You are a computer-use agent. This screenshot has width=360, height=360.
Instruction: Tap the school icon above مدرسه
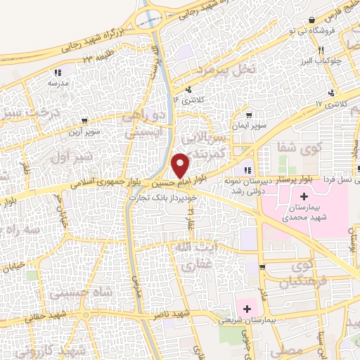(x=56, y=72)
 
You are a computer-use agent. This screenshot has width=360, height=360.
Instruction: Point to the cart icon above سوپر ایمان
(x=247, y=114)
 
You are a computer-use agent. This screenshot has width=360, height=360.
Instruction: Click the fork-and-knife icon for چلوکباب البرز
(x=321, y=50)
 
